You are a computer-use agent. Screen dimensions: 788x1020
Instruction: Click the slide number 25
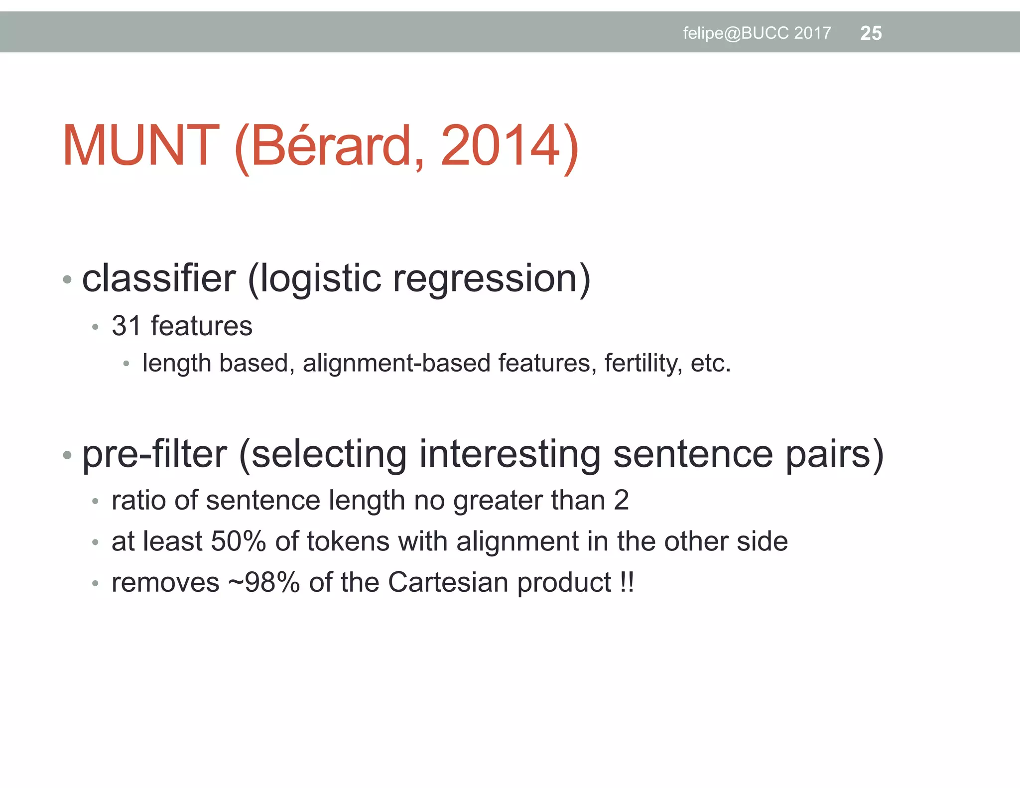[x=871, y=33]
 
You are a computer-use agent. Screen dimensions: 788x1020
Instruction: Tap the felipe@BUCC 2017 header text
[x=757, y=33]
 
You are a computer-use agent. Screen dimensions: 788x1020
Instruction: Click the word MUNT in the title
[x=140, y=146]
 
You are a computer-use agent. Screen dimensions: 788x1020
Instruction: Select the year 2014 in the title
[x=501, y=146]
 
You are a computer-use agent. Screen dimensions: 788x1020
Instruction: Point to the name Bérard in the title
[x=331, y=146]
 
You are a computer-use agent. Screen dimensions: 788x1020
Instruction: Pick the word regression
[x=491, y=279]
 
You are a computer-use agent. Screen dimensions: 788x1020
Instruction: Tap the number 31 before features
[x=126, y=326]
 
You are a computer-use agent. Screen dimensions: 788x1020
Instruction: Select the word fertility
[x=642, y=363]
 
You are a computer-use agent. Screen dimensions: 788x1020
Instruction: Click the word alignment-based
[x=396, y=363]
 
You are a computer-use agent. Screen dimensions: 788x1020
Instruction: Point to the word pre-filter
[x=154, y=454]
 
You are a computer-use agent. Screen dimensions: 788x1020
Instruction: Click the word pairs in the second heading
[x=834, y=454]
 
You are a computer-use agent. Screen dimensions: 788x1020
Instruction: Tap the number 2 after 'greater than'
[x=621, y=500]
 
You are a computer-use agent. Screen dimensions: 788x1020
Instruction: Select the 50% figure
[x=238, y=541]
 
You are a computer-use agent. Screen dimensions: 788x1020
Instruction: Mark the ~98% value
[x=264, y=582]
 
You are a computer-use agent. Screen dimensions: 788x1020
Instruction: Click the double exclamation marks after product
[x=627, y=582]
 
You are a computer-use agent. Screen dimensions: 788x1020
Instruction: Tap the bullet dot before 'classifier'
[x=67, y=279]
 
